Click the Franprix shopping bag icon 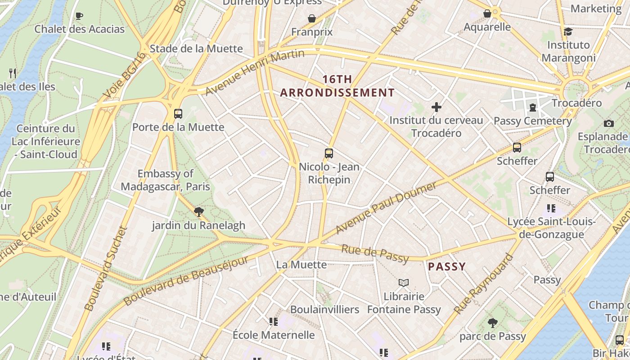(311, 18)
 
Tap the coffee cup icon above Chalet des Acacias (79, 16)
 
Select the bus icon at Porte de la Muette (178, 113)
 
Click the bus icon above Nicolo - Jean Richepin (329, 153)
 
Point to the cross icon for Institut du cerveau (436, 107)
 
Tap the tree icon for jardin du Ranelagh (198, 212)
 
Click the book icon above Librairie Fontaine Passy (404, 283)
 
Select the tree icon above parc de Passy (493, 323)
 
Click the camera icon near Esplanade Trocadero (609, 123)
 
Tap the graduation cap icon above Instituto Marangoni (568, 31)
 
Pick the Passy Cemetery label (533, 121)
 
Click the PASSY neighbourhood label (446, 266)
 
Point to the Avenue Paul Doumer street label (386, 207)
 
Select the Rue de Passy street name (375, 253)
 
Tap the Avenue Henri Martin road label (255, 72)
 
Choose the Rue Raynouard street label (484, 284)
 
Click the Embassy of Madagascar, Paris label (165, 180)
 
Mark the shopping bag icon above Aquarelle (487, 14)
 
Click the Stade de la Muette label (196, 49)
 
